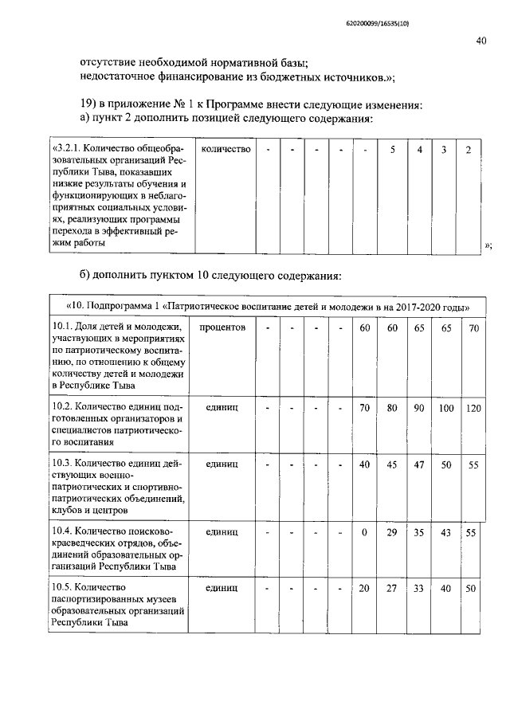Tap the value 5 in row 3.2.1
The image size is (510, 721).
tap(392, 150)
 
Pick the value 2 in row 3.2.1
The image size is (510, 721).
tap(469, 150)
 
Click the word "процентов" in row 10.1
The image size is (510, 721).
tap(222, 327)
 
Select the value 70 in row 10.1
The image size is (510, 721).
tap(473, 327)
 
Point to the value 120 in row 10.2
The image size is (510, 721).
tap(473, 408)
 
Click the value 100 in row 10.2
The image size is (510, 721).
tap(446, 408)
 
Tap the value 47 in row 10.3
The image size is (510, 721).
tap(419, 464)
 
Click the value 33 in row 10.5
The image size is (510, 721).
tap(419, 588)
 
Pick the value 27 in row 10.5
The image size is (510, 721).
tap(392, 588)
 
